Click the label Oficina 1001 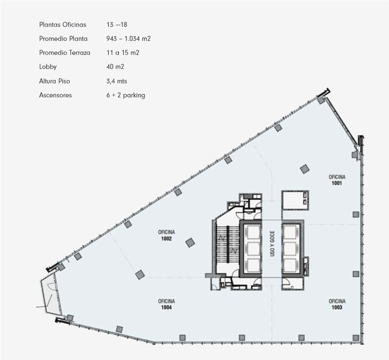[x=337, y=180]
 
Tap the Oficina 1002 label [x=166, y=235]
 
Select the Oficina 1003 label [x=337, y=304]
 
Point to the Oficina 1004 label [x=166, y=304]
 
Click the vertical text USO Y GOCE [x=272, y=243]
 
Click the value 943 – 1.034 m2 [x=128, y=39]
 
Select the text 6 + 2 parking [x=126, y=95]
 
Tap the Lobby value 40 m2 [x=115, y=67]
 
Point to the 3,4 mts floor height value [x=117, y=81]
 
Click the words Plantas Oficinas [x=63, y=25]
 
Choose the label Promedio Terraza [x=65, y=52]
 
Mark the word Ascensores [x=55, y=95]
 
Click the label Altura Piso [x=54, y=81]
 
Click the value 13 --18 [x=117, y=25]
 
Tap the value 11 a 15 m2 [x=123, y=52]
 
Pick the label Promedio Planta [x=63, y=39]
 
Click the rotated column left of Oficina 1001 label [x=305, y=169]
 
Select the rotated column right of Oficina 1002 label [x=190, y=242]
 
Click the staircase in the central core [x=227, y=244]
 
